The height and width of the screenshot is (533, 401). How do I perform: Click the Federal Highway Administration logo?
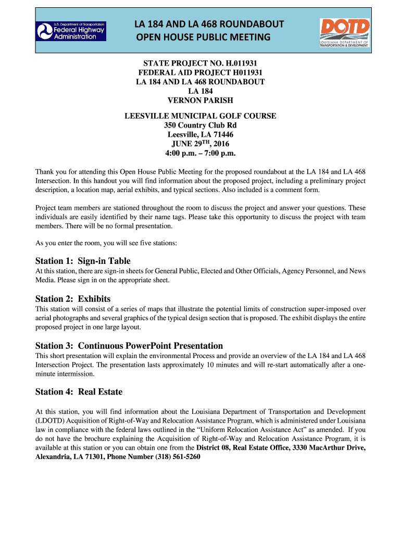[71, 31]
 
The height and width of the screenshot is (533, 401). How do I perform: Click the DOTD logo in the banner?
[344, 32]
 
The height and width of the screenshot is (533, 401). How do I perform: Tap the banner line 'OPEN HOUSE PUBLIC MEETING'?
[203, 37]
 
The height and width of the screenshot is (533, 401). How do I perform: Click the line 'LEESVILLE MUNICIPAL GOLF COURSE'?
[200, 116]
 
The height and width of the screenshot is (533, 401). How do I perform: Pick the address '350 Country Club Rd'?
[200, 125]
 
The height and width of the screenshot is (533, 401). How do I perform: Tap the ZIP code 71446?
[223, 135]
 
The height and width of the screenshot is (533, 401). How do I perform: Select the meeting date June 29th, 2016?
[200, 144]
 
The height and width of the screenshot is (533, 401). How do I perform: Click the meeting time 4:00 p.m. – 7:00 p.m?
[200, 154]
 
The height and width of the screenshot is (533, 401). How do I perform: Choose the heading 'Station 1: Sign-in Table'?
[83, 261]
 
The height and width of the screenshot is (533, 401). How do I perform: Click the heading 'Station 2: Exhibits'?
[73, 299]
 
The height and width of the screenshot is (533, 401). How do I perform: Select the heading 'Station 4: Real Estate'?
[79, 391]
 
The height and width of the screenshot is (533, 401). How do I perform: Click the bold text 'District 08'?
[213, 448]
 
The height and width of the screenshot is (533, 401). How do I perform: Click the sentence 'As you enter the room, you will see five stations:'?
[106, 243]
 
